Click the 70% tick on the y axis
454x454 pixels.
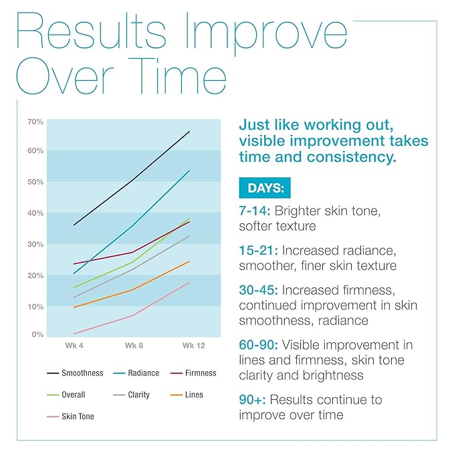click(x=35, y=121)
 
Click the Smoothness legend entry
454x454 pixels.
click(x=80, y=372)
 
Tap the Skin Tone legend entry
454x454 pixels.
click(x=78, y=416)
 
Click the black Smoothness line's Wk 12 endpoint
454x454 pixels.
click(x=190, y=131)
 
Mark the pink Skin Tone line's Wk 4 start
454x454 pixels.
click(x=73, y=334)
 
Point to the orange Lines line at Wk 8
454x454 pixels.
click(x=132, y=290)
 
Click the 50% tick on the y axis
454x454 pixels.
click(x=35, y=182)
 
